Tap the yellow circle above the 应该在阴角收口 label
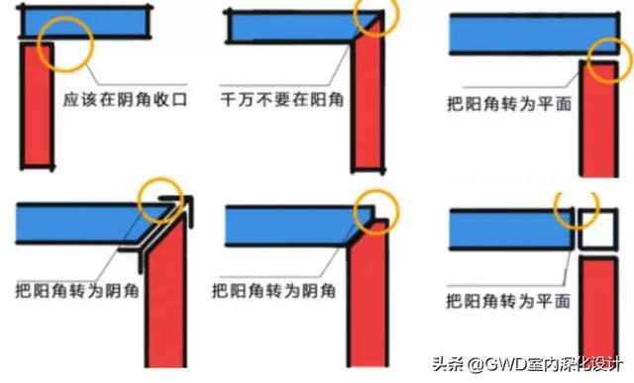pyautogui.click(x=65, y=43)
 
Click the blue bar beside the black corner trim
pyautogui.click(x=74, y=221)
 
